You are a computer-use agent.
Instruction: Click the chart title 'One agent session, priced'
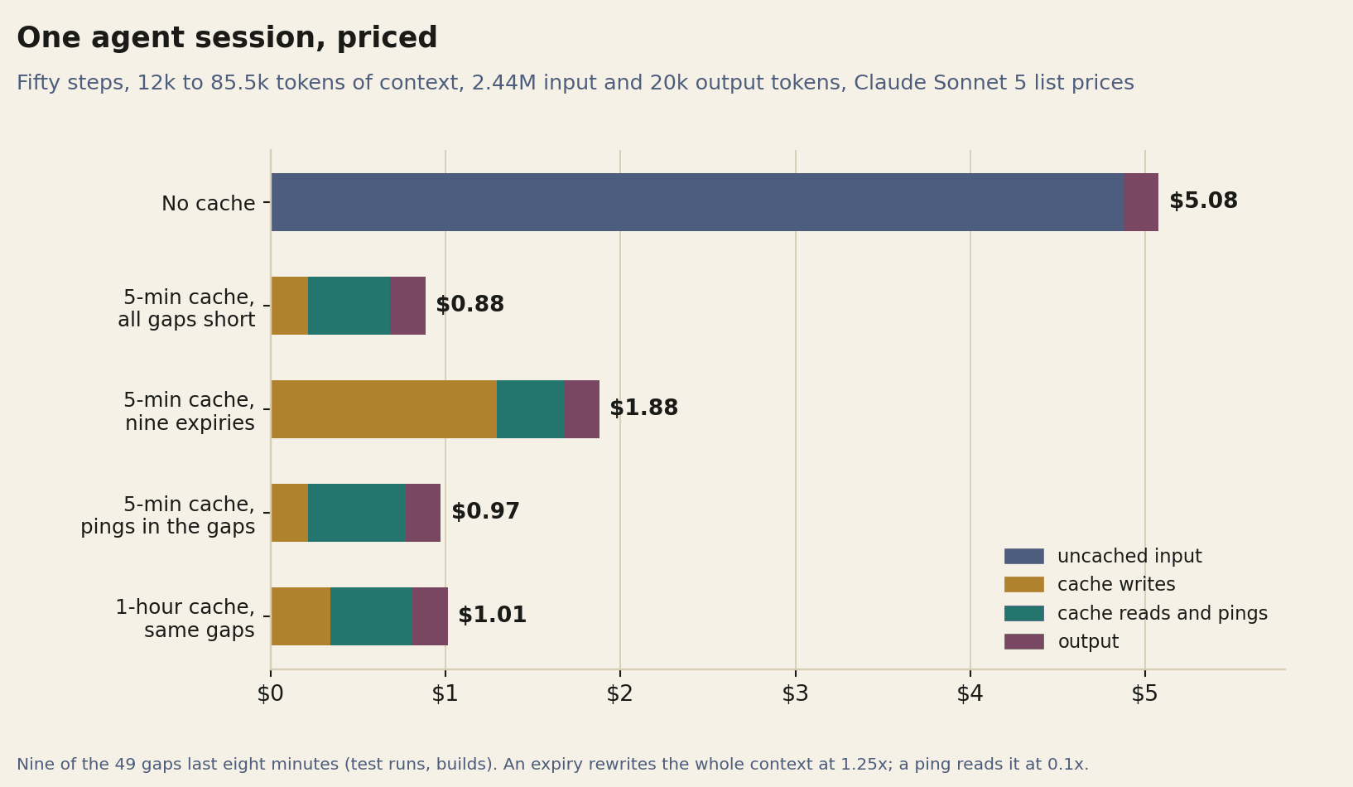pyautogui.click(x=227, y=38)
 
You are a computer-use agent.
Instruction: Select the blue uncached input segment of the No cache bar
pyautogui.click(x=697, y=202)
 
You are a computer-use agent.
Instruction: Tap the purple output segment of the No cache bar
pyautogui.click(x=1141, y=202)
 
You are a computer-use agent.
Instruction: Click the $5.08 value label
pyautogui.click(x=1203, y=200)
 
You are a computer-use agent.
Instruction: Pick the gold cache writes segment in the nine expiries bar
pyautogui.click(x=384, y=409)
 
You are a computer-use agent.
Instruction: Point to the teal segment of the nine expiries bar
pyautogui.click(x=530, y=409)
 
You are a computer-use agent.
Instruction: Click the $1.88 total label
pyautogui.click(x=644, y=408)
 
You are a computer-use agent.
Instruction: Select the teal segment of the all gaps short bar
pyautogui.click(x=349, y=305)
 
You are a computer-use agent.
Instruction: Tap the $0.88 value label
pyautogui.click(x=470, y=304)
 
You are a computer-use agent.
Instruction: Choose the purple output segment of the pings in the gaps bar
pyautogui.click(x=423, y=513)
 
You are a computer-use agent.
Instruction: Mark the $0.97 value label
pyautogui.click(x=485, y=511)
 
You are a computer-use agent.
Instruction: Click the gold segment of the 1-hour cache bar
pyautogui.click(x=301, y=616)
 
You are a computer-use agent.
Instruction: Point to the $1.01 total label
pyautogui.click(x=493, y=615)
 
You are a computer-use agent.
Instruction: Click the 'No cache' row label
pyautogui.click(x=209, y=203)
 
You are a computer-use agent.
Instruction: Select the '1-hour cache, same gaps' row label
pyautogui.click(x=185, y=618)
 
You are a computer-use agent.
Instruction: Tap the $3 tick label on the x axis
pyautogui.click(x=796, y=693)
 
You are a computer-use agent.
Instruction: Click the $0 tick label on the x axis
pyautogui.click(x=271, y=693)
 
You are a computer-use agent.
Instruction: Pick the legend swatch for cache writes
pyautogui.click(x=1023, y=585)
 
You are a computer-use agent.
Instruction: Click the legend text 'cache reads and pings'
pyautogui.click(x=1162, y=613)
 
